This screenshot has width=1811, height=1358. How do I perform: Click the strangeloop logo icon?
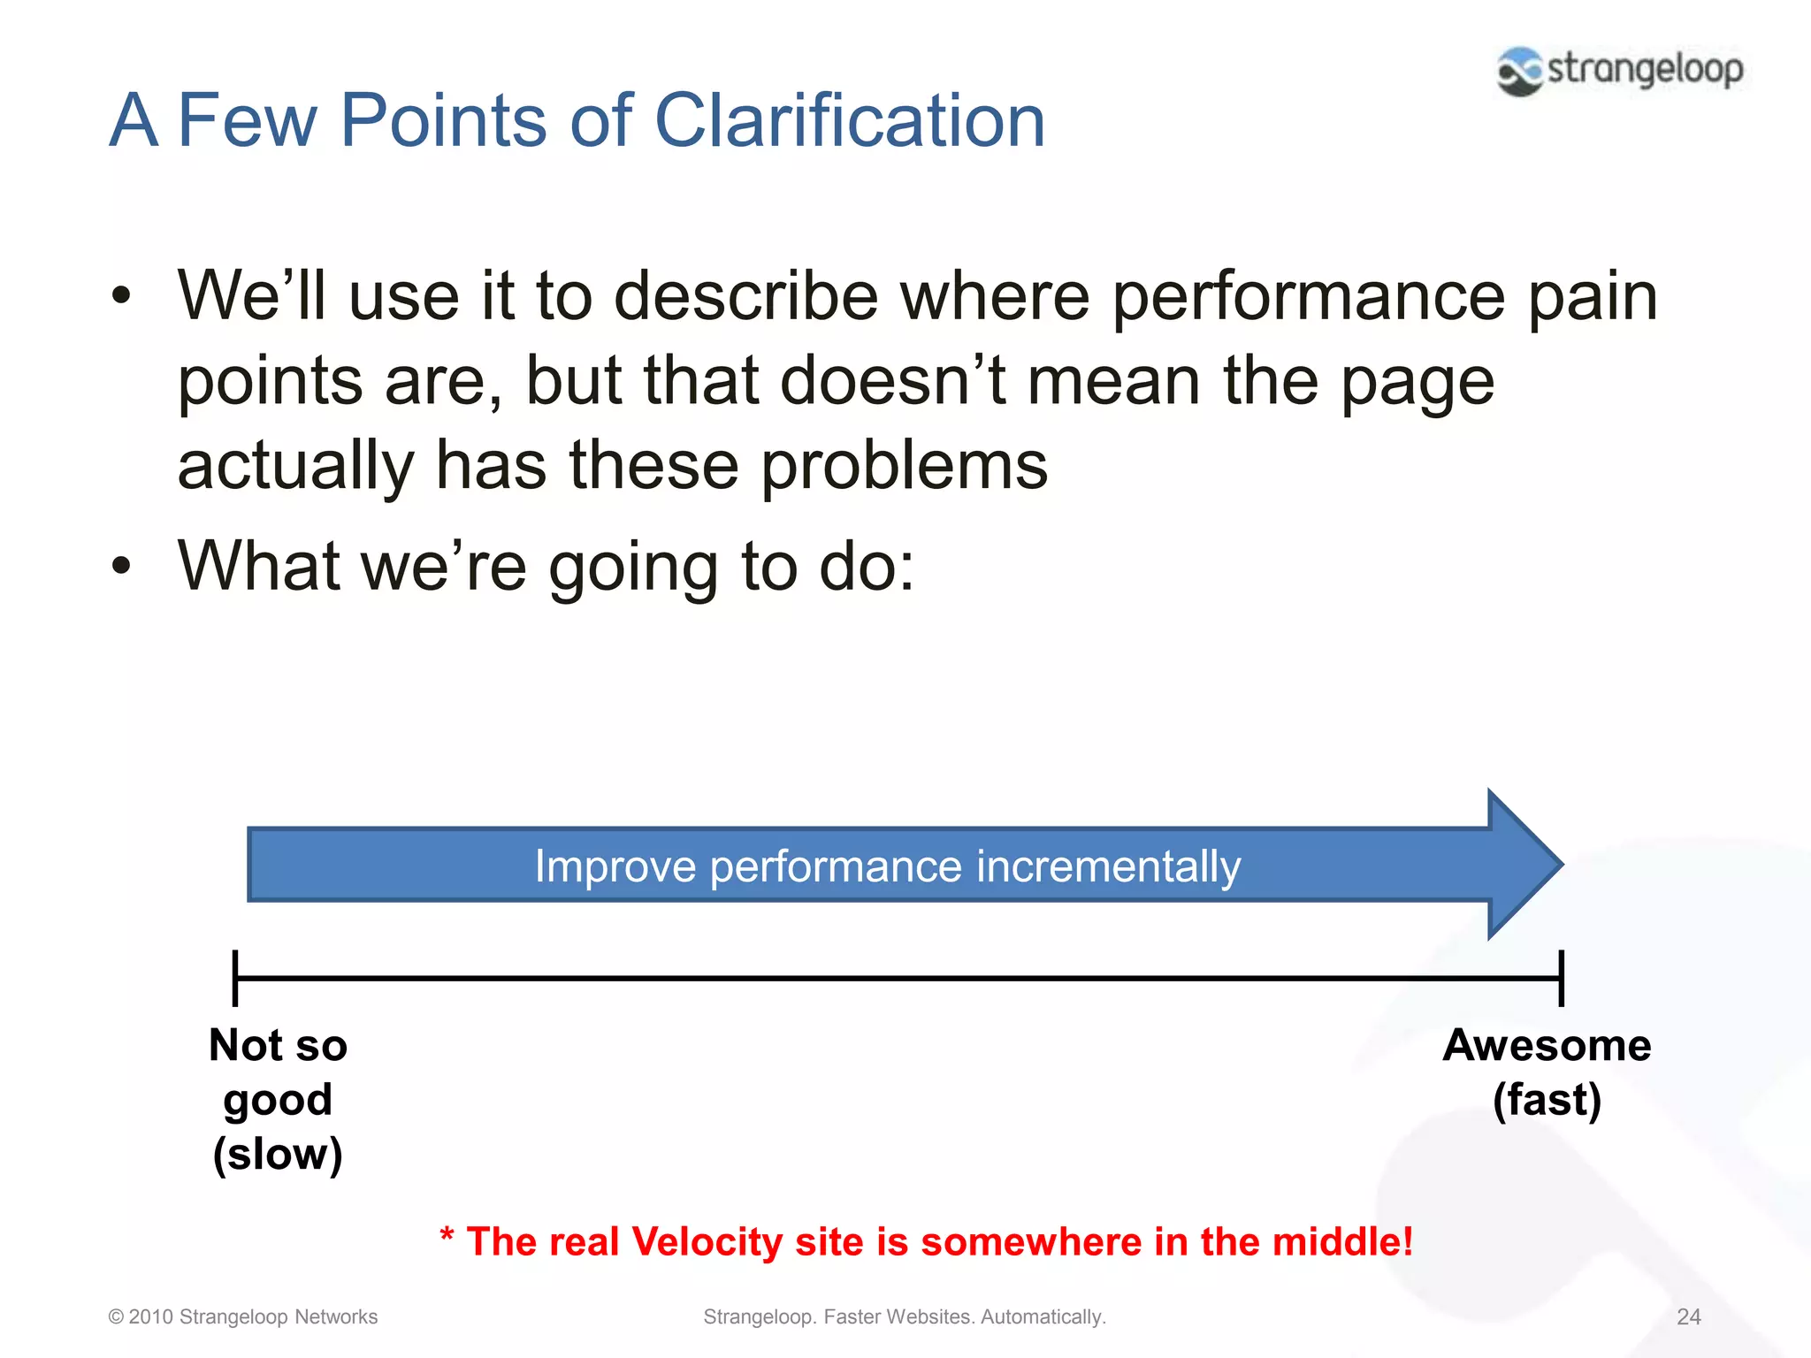tap(1519, 71)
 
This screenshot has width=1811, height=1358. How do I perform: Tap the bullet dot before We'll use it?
tap(122, 296)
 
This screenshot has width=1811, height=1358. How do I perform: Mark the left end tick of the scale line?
tap(235, 978)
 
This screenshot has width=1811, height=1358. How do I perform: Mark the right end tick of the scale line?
tap(1562, 978)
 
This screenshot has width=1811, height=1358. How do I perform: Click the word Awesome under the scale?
tap(1547, 1046)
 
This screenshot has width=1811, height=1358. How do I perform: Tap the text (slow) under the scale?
tap(278, 1155)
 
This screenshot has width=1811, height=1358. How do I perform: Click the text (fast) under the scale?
tap(1547, 1101)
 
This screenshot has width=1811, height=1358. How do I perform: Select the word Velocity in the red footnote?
tap(707, 1242)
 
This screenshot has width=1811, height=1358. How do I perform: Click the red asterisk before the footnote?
tap(447, 1236)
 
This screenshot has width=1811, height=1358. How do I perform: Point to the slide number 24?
tap(1688, 1317)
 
